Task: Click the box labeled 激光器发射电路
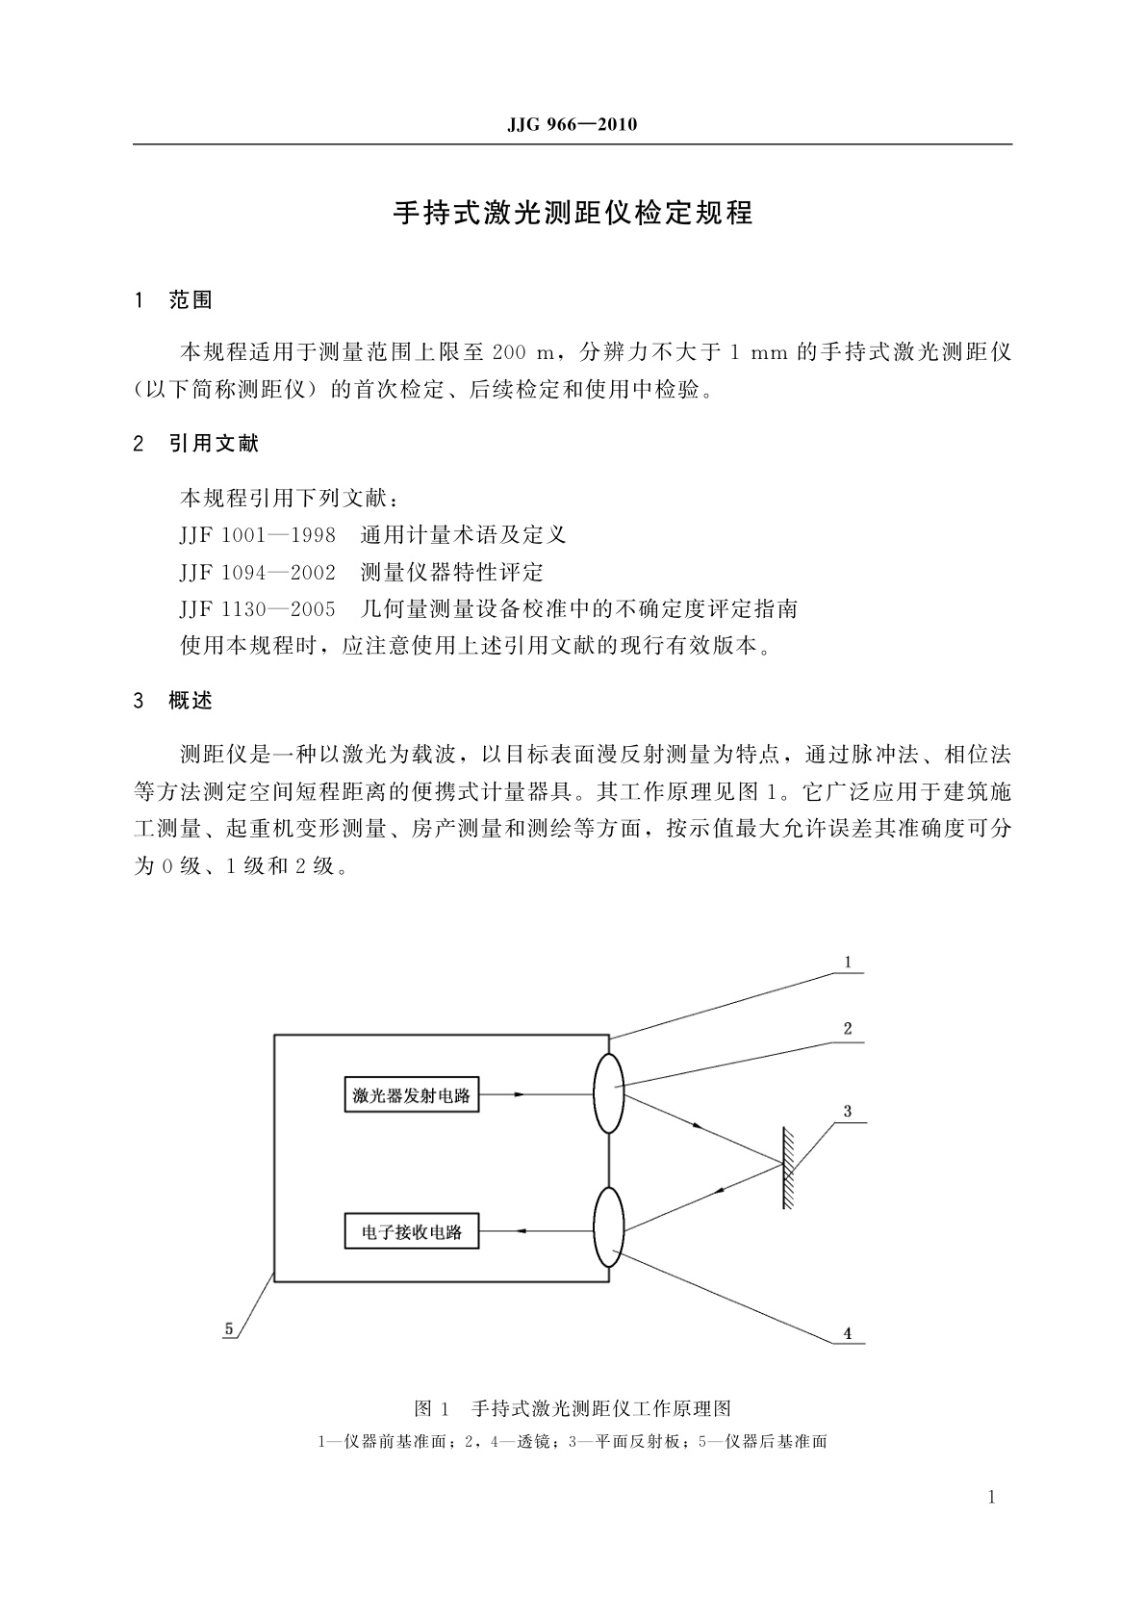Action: pos(412,1094)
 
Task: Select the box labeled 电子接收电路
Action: pos(412,1231)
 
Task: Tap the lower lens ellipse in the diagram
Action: pos(609,1227)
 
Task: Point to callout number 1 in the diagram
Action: pos(847,962)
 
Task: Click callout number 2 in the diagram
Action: pos(847,1029)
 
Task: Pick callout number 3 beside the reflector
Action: pos(847,1111)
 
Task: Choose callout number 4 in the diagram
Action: pos(847,1333)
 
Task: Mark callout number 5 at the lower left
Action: pos(229,1328)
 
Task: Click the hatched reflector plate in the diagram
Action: pos(786,1169)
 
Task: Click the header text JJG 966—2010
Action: pos(572,125)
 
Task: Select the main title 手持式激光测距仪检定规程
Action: pos(573,213)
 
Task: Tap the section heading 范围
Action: pos(191,300)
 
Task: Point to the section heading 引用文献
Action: pos(214,444)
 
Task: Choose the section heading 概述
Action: pos(191,701)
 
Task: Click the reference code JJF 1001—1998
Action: pos(257,535)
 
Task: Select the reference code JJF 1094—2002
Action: pos(257,573)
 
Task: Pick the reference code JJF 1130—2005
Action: pos(257,609)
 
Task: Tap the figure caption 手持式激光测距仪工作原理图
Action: pos(601,1408)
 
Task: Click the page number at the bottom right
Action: pos(993,1498)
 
